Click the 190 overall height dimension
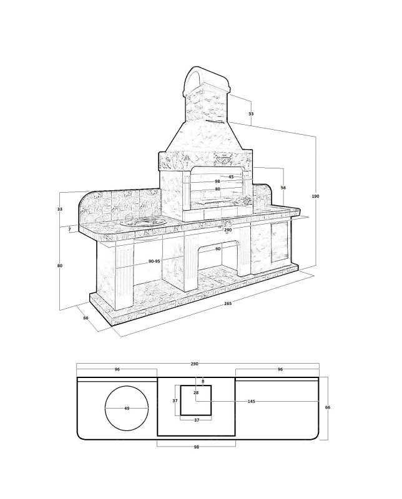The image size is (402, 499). (315, 196)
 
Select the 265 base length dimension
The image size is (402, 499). (228, 303)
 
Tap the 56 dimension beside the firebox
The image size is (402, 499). (283, 188)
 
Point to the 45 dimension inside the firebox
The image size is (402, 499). (231, 177)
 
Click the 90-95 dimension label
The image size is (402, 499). (154, 261)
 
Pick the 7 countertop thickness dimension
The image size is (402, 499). (69, 229)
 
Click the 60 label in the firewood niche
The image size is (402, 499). (218, 249)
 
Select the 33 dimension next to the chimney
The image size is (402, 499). (251, 114)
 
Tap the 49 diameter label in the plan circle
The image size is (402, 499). (127, 409)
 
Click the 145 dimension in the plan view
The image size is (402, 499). (251, 401)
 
